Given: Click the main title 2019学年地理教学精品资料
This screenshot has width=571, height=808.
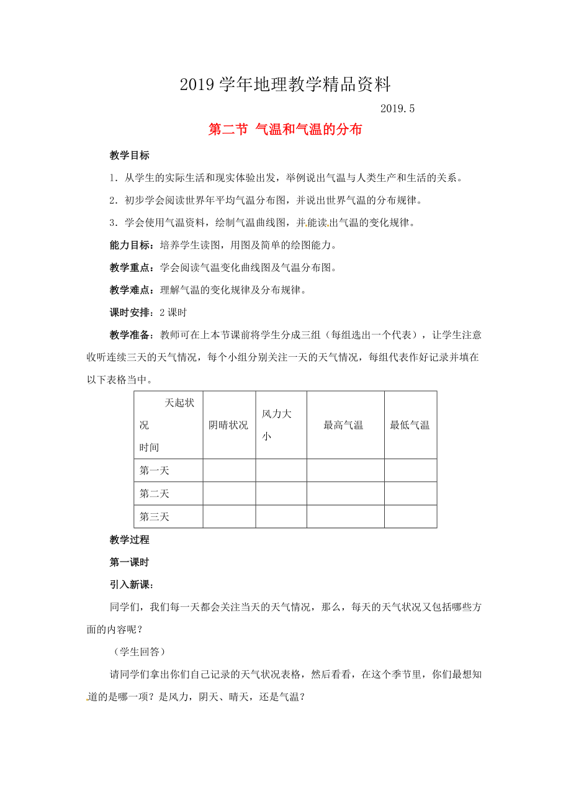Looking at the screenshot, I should point(285,84).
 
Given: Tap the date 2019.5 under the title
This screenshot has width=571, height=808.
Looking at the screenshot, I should point(396,108).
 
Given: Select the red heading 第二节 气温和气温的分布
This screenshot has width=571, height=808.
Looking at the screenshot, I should point(285,130).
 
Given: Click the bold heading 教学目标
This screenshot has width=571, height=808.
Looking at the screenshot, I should point(129,156).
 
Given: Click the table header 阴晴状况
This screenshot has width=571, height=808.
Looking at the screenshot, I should point(228,425).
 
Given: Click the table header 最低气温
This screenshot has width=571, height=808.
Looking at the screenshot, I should point(410,425).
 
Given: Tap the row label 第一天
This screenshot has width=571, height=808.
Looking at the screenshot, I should point(155,470).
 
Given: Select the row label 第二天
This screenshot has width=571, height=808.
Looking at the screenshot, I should point(155,493).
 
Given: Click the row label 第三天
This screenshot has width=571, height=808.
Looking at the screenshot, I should point(155,516).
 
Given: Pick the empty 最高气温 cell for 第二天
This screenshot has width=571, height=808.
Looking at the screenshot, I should point(345,493).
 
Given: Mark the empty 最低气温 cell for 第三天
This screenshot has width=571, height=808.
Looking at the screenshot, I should point(410,516).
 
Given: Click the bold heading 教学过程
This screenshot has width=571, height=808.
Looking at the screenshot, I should point(129,539).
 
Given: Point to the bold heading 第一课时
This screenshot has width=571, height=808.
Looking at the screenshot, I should point(129,562).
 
